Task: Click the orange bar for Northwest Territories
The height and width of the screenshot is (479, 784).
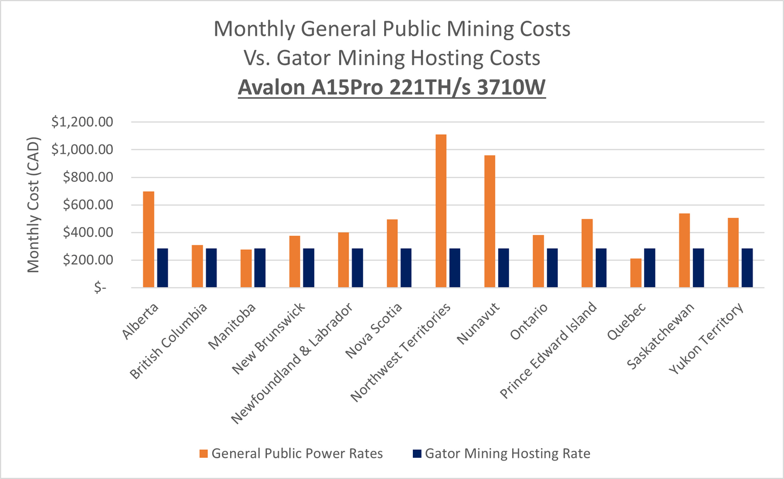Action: [441, 211]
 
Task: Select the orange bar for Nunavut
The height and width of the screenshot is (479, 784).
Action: [489, 221]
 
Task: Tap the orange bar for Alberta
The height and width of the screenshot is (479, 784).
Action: [148, 239]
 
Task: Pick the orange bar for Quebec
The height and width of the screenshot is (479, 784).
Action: [635, 273]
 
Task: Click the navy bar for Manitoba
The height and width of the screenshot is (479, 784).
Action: [260, 268]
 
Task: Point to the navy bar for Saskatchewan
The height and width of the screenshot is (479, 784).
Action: [698, 268]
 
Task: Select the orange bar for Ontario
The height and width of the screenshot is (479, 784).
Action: [538, 261]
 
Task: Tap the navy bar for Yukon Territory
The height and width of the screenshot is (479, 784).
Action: [747, 268]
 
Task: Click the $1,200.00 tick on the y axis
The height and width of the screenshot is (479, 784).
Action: [82, 122]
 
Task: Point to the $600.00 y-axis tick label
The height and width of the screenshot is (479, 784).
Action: [88, 205]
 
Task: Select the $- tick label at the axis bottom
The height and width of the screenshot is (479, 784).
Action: [100, 288]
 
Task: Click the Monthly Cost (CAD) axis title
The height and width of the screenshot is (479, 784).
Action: [34, 205]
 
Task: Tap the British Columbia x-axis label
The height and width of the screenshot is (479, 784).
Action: [169, 341]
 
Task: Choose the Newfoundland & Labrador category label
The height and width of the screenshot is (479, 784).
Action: [292, 363]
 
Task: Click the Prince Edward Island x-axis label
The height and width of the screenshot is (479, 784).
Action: [548, 350]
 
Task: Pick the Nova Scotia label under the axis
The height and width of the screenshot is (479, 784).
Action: [374, 331]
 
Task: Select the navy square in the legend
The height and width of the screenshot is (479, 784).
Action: [417, 453]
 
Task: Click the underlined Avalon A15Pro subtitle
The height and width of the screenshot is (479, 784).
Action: [392, 87]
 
